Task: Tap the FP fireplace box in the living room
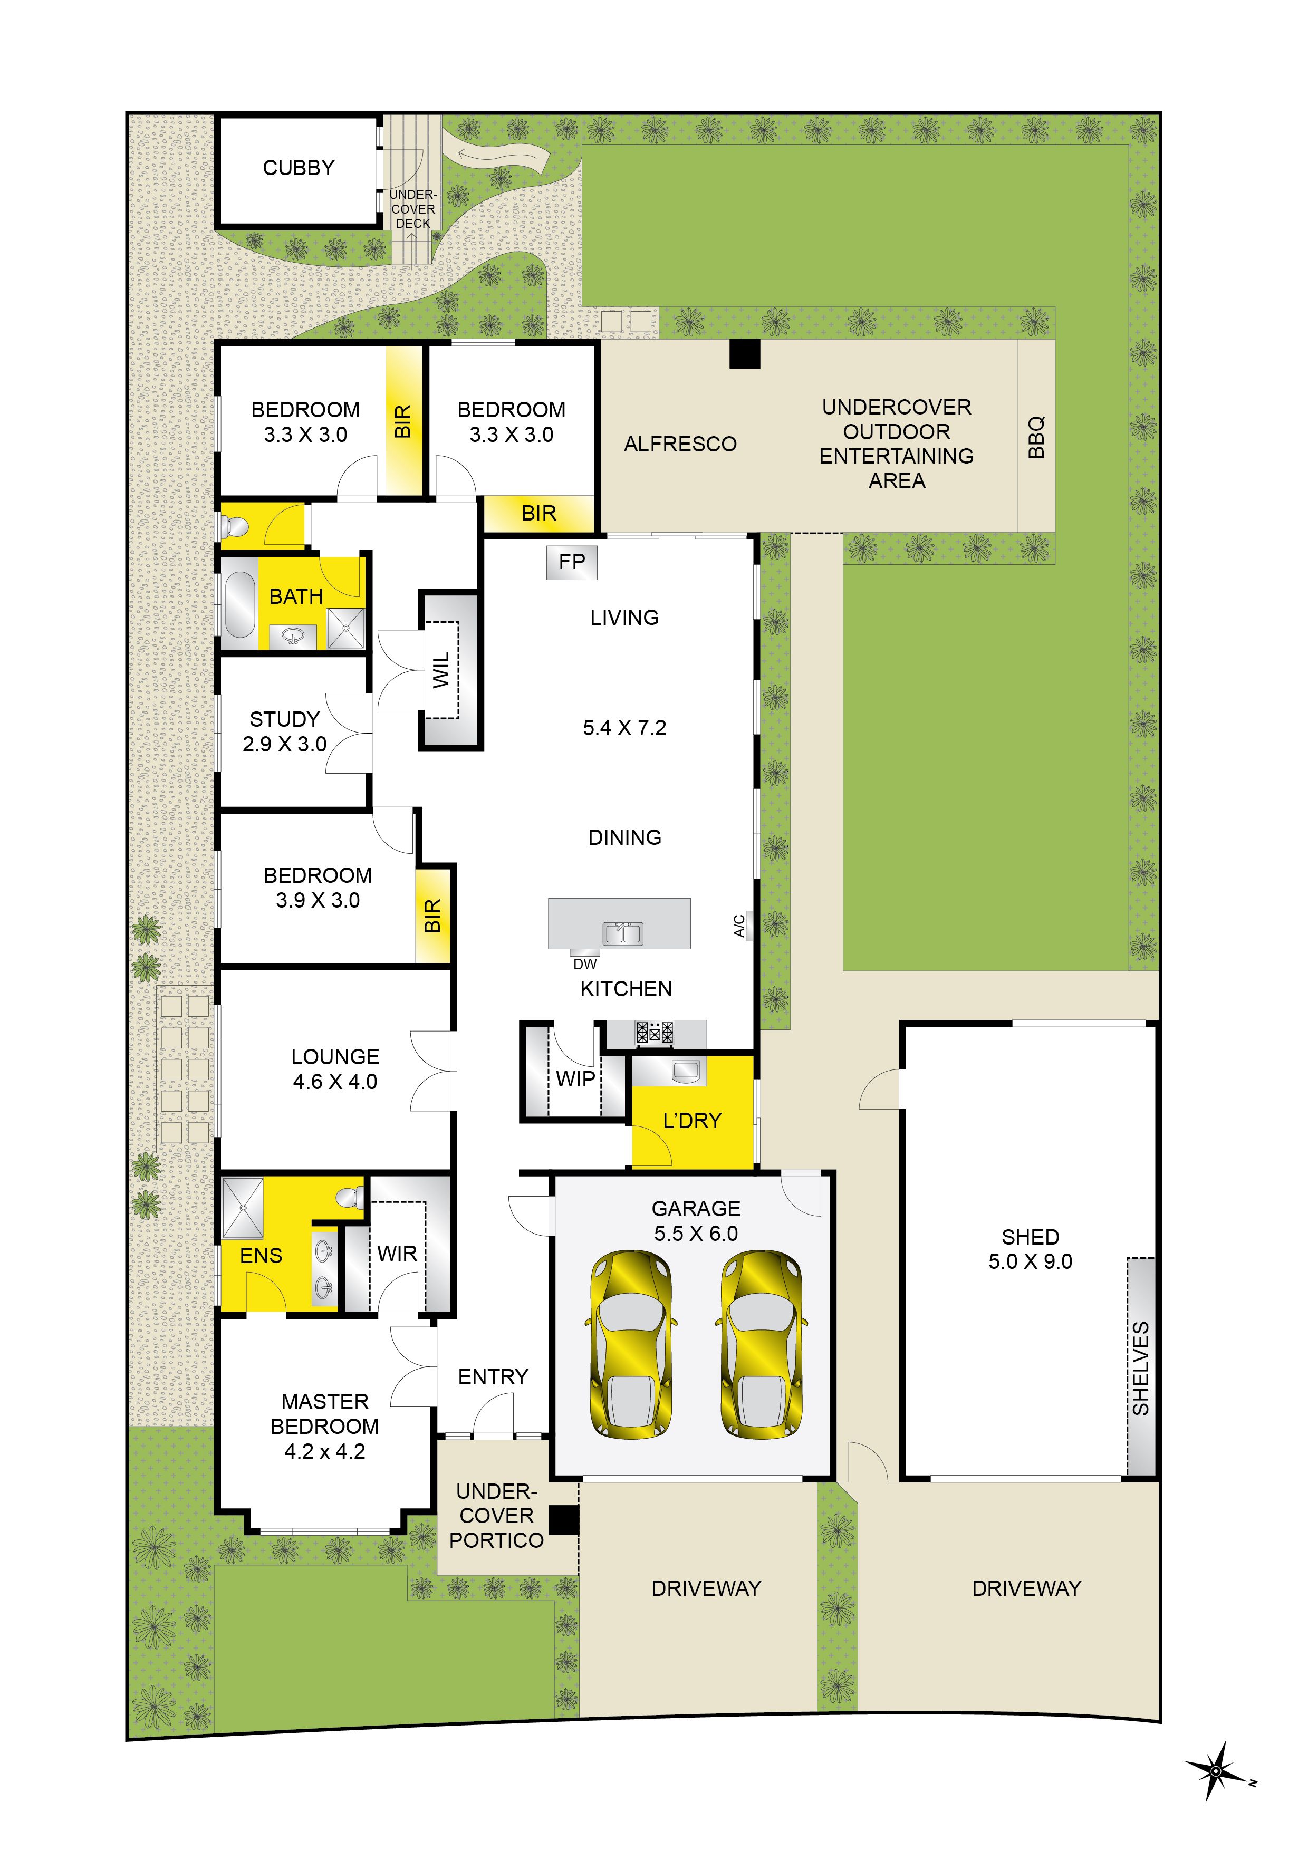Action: tap(572, 562)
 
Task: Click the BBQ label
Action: tap(1036, 437)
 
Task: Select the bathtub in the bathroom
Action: tap(239, 604)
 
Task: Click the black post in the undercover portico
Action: tap(564, 1520)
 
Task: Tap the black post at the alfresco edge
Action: tap(745, 354)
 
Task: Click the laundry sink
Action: tap(685, 1071)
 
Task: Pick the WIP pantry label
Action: tap(575, 1079)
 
